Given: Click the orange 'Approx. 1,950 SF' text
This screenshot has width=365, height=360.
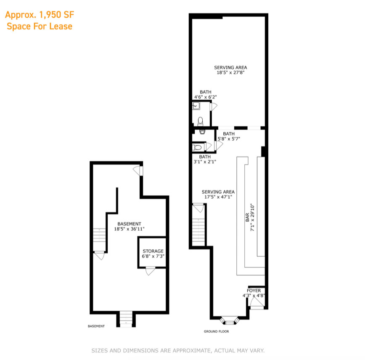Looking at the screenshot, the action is [40, 15].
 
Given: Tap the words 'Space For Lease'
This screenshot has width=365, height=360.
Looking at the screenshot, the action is [40, 27].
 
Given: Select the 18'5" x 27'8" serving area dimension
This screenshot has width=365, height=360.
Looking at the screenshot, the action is [230, 72].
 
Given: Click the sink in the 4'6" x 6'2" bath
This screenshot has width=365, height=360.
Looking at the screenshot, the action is [196, 106].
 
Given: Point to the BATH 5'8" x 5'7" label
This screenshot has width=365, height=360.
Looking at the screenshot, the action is [229, 136].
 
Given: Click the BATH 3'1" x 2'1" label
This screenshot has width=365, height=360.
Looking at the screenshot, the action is [205, 159].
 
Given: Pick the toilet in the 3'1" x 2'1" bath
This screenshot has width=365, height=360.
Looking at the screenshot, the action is [197, 147].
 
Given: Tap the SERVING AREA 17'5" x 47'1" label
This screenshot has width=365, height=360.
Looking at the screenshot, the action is [218, 195].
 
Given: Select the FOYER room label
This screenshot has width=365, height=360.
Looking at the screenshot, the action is [254, 291].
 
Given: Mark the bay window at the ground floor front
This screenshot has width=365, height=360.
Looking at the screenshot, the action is [230, 320].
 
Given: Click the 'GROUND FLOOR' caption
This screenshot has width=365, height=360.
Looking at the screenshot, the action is [216, 331].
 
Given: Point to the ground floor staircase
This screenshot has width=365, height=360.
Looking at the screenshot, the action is [198, 232].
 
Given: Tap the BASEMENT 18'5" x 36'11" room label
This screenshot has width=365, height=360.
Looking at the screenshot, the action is [129, 226].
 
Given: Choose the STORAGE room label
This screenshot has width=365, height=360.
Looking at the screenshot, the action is [153, 251].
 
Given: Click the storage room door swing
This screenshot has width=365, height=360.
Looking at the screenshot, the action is [151, 271].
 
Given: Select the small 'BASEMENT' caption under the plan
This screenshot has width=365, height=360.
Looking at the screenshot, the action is [96, 326].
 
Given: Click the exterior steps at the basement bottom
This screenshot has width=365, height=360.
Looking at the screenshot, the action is [126, 319].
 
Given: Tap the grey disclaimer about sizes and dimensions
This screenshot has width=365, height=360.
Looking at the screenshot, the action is [178, 350].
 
